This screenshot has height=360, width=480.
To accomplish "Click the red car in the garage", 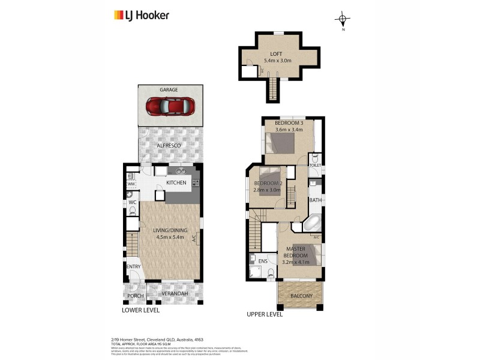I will click(x=170, y=107).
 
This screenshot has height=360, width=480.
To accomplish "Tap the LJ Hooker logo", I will click(x=142, y=16).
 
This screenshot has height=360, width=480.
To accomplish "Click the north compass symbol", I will click(x=343, y=19).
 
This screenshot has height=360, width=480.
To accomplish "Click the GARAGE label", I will click(x=169, y=89).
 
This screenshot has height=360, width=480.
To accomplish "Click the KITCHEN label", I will click(x=176, y=182).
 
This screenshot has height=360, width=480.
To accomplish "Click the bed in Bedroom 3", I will click(x=280, y=144).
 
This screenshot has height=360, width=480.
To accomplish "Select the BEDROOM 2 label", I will click(x=268, y=183).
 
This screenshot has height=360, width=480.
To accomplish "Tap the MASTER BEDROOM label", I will click(x=296, y=252).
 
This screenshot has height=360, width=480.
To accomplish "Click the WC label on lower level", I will click(x=133, y=203).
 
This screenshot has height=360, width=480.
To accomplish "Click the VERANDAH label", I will click(x=175, y=293).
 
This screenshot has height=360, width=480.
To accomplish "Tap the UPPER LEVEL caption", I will click(x=264, y=314).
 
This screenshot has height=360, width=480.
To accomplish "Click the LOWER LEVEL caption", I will click(x=141, y=310).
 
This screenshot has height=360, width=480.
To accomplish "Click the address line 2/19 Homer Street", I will click(x=160, y=338).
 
